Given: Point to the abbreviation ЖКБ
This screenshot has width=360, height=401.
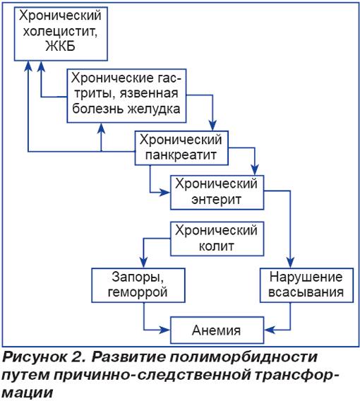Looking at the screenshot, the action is [60, 47].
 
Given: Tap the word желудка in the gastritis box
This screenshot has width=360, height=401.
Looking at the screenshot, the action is [154, 109].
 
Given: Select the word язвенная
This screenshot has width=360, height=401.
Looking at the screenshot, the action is [149, 93].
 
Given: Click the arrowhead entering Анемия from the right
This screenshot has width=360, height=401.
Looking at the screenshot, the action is [270, 330].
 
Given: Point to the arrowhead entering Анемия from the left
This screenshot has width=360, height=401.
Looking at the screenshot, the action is [164, 330].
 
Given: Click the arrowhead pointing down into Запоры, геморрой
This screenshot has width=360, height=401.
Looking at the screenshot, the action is [144, 263].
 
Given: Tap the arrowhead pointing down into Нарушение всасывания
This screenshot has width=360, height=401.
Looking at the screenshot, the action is [290, 263].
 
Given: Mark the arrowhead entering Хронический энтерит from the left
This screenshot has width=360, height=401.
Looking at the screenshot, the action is [164, 192].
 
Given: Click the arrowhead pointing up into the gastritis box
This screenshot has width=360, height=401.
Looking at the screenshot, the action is [102, 128].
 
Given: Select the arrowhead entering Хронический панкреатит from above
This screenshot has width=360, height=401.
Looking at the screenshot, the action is [212, 126].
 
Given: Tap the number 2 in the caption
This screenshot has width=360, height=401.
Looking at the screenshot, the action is [79, 357].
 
